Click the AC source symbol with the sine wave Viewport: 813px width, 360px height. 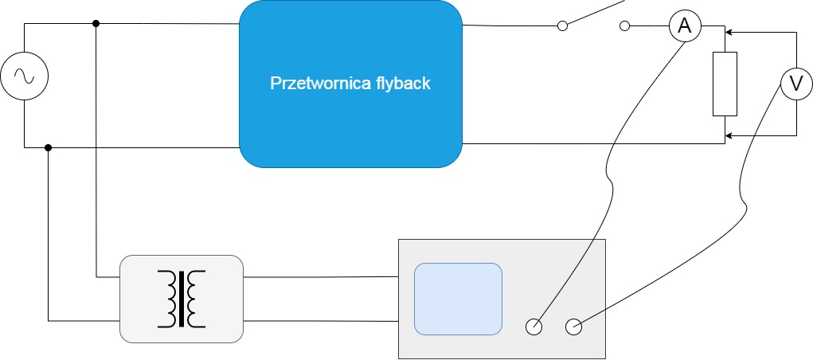click(24, 76)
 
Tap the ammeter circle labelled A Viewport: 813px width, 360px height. click(684, 26)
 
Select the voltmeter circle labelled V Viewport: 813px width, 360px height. click(795, 83)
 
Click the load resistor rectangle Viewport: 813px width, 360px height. click(725, 83)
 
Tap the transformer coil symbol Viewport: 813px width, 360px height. click(181, 299)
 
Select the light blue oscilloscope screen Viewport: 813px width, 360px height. click(458, 298)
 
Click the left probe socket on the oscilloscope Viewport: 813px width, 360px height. click(534, 326)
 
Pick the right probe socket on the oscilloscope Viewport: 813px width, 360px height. click(573, 326)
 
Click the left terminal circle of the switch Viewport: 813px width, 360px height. click(562, 26)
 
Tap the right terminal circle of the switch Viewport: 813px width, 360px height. click(624, 26)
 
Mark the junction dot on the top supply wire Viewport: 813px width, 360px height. click(96, 23)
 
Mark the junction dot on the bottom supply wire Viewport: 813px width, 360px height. click(49, 147)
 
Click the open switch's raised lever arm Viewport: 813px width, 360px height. click(593, 14)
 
